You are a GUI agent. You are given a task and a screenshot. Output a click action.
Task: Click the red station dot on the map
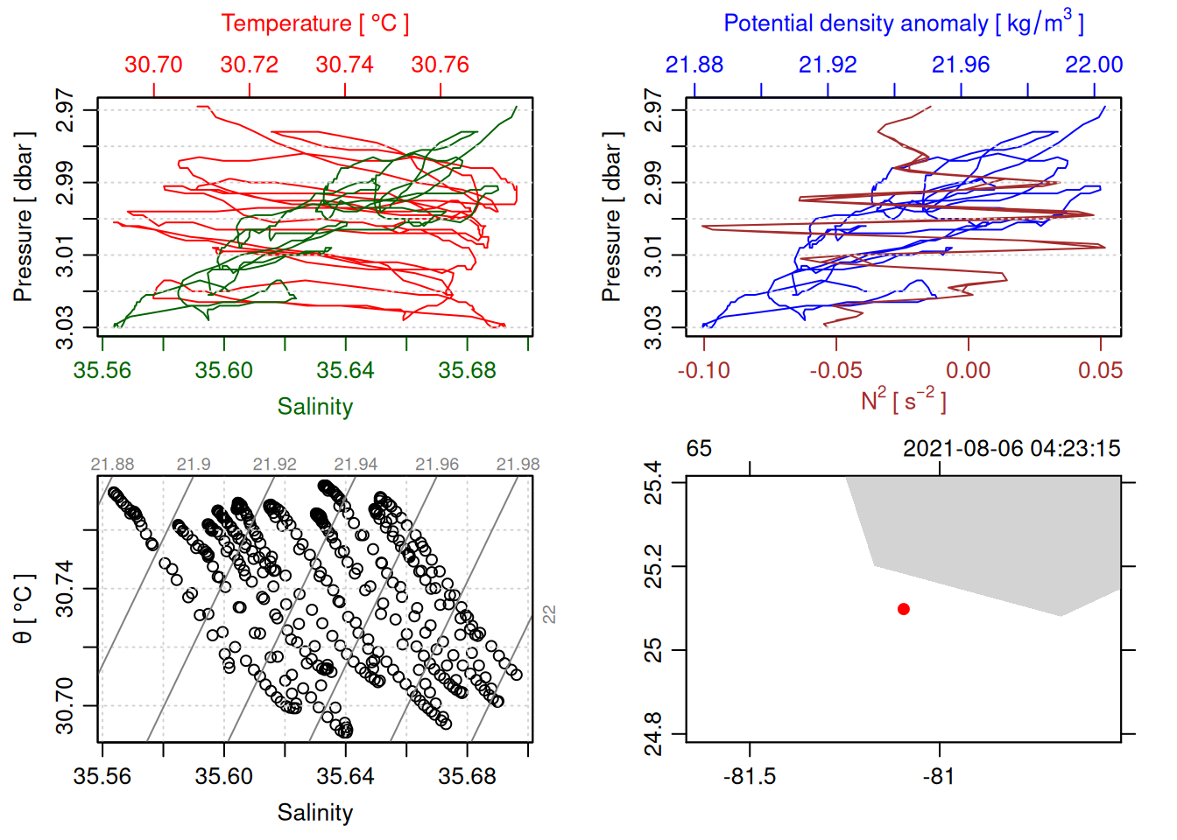(x=903, y=609)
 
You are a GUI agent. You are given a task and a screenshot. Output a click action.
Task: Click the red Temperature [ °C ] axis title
(x=314, y=24)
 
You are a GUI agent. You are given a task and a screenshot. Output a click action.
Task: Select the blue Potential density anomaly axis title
(x=903, y=23)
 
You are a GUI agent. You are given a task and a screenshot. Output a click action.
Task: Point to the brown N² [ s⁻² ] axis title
(x=903, y=400)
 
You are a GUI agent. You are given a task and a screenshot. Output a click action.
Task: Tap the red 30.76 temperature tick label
(x=440, y=65)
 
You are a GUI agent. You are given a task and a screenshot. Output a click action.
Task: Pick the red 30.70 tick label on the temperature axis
(x=153, y=65)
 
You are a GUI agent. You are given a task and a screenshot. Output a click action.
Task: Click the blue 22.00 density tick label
(x=1094, y=65)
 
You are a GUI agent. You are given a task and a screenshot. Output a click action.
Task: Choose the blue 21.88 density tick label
(x=694, y=65)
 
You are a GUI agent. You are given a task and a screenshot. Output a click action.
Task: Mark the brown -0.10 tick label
(x=703, y=370)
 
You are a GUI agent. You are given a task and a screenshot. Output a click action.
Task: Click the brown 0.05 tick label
(x=1100, y=370)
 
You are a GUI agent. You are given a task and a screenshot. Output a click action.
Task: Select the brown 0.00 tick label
(x=968, y=370)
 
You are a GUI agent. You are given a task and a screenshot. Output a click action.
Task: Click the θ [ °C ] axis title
(x=23, y=608)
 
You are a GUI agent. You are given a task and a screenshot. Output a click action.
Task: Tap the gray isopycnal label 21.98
(x=518, y=465)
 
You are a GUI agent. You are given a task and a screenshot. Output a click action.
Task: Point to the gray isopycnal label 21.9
(x=194, y=465)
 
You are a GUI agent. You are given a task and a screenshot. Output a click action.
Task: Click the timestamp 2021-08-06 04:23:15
(x=1011, y=449)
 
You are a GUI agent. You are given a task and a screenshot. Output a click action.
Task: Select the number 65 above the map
(x=699, y=449)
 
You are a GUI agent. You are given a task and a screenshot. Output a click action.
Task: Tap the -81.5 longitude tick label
(x=750, y=776)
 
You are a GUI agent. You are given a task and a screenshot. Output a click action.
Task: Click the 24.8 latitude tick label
(x=653, y=733)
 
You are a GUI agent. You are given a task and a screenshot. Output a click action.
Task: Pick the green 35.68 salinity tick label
(x=467, y=370)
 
